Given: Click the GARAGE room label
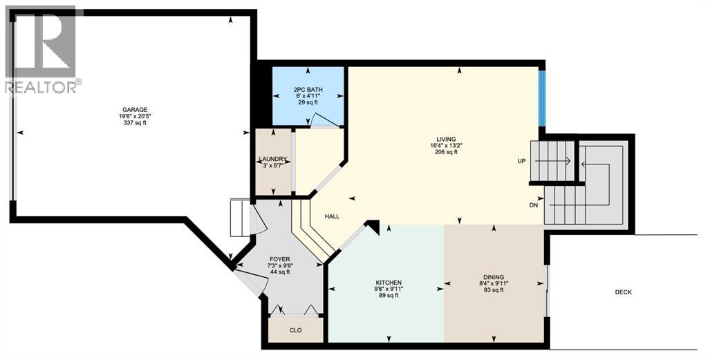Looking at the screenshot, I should coord(134,109).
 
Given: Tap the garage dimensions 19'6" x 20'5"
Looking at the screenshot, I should coord(134,116).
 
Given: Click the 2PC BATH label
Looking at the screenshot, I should coord(308,89).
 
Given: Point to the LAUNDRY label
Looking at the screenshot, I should coord(272,159).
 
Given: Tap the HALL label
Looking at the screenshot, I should coord(332,216).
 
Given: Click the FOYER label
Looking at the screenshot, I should coord(279,258).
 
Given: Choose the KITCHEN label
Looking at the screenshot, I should coord(389,283).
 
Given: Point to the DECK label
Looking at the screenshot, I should coord(623,292).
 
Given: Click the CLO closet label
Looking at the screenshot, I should coord(295,330).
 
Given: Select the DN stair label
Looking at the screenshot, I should coord(533,205).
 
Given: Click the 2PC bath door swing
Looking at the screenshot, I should coord(323,122).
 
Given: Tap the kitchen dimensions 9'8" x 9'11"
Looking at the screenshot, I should coord(389,290).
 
